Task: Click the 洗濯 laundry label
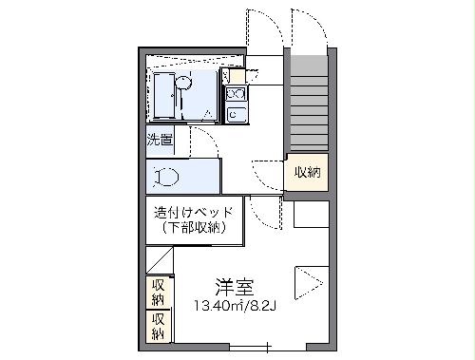(159, 141)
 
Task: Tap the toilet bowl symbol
(167, 176)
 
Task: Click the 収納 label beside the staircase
(307, 172)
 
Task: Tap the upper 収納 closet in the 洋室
(158, 292)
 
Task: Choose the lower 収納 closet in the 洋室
(158, 325)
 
